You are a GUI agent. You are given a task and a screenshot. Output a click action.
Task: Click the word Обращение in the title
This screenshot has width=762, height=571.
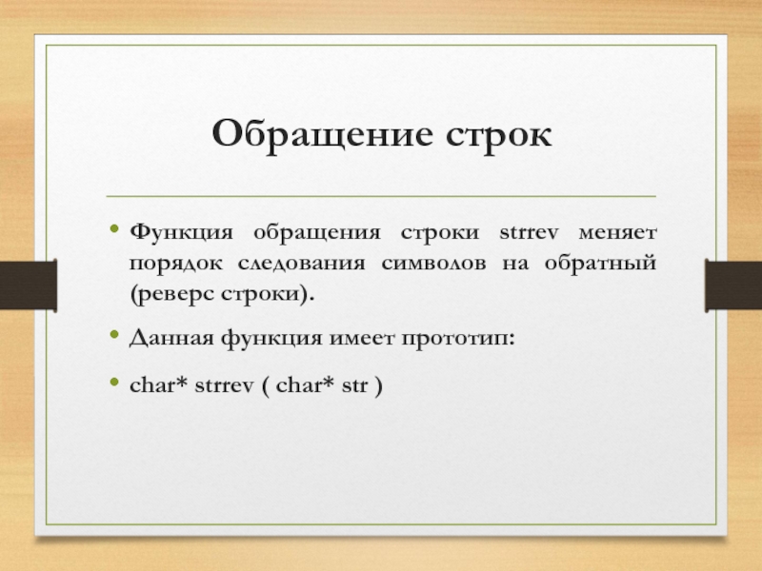tap(322, 134)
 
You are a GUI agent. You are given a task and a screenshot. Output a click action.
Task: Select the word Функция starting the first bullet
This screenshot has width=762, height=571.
tap(181, 233)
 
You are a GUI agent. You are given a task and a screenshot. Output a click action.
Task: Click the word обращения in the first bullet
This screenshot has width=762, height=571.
tap(317, 233)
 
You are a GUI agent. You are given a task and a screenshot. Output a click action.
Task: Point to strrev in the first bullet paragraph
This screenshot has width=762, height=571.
tap(530, 232)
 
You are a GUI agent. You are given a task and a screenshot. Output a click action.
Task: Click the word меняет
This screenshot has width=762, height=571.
tap(617, 233)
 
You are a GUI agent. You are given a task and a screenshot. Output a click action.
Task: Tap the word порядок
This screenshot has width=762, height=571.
tap(176, 265)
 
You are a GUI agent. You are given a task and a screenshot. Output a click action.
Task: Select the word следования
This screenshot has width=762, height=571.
tap(301, 265)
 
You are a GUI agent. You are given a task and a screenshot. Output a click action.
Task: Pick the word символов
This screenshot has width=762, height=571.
tap(433, 265)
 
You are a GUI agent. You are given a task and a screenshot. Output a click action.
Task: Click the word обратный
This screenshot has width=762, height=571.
tap(601, 264)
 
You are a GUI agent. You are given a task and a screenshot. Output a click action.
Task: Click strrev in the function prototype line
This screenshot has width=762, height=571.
tap(225, 385)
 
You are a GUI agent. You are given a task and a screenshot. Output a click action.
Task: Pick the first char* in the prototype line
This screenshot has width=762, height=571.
tap(158, 384)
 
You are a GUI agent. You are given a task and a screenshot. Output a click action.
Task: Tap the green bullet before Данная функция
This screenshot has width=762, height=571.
tap(114, 334)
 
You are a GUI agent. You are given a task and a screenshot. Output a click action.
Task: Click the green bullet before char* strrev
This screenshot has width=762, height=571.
tap(114, 382)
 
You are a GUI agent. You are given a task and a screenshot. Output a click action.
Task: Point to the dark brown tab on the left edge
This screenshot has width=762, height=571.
tap(29, 285)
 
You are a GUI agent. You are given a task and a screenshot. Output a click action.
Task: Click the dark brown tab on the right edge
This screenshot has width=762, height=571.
tap(733, 285)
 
